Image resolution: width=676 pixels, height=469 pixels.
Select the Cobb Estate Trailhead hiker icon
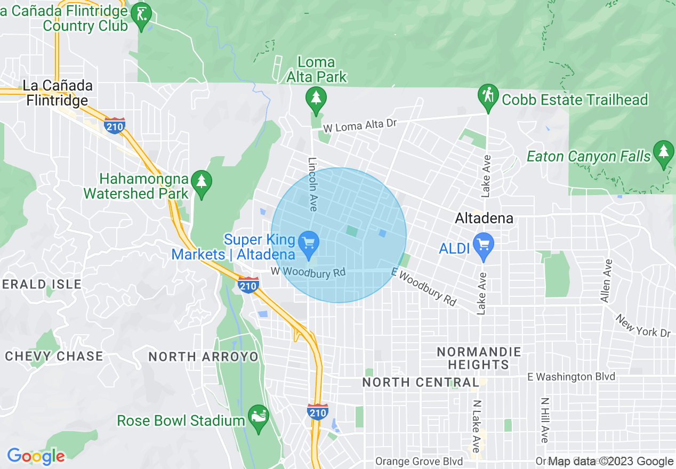(x=488, y=97)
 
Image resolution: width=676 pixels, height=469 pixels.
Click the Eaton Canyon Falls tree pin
(x=663, y=152)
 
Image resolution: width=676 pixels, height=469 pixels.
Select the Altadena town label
(x=484, y=218)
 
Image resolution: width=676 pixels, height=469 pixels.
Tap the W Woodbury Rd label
(x=308, y=272)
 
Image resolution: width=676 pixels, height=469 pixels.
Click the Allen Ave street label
(x=606, y=281)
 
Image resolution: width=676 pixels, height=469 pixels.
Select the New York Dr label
(x=643, y=326)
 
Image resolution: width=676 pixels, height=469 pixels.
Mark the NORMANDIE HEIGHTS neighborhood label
(x=478, y=358)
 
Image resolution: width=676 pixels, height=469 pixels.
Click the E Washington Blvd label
(x=570, y=377)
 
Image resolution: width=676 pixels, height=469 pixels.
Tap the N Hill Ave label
(x=545, y=420)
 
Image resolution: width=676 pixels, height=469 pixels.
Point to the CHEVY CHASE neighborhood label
(x=54, y=356)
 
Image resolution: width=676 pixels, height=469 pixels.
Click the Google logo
(x=36, y=456)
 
